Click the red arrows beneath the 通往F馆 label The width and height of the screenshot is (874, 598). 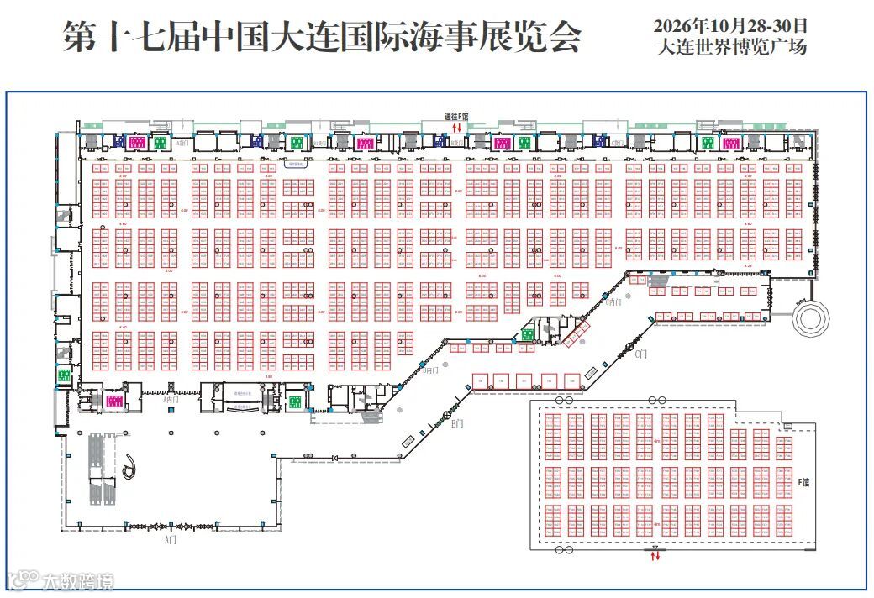pyautogui.click(x=456, y=127)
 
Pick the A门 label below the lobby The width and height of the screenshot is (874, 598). pyautogui.click(x=171, y=539)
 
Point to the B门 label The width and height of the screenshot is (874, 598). pyautogui.click(x=456, y=424)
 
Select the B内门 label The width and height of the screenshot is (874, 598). pyautogui.click(x=431, y=370)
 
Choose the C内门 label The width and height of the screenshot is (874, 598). pyautogui.click(x=614, y=302)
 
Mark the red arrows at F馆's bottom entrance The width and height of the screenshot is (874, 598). pyautogui.click(x=655, y=555)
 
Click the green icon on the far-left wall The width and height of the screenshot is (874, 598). pyautogui.click(x=63, y=375)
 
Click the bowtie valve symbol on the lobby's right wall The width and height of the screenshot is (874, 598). pyautogui.click(x=334, y=458)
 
